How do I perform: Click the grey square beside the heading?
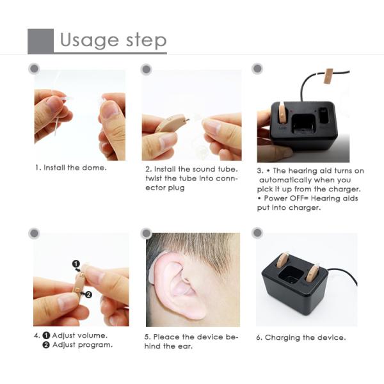(40, 41)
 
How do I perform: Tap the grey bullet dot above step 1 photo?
(35, 68)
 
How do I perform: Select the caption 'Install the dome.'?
(70, 168)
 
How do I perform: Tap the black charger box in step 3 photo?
(306, 127)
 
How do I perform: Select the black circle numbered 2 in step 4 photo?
(88, 294)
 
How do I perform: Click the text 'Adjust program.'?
(83, 345)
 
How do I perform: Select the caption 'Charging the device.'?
(305, 337)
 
